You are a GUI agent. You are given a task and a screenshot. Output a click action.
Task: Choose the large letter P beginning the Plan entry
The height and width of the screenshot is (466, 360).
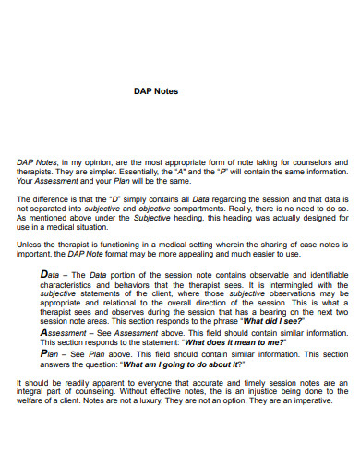[x=46, y=352]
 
